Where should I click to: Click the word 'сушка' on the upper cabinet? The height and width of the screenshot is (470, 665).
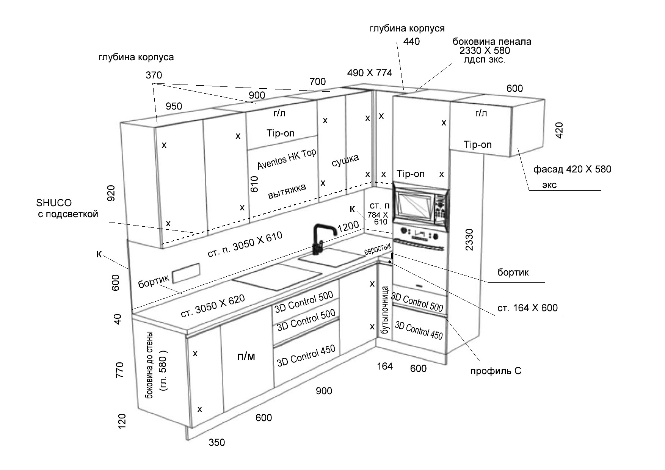pos(345,160)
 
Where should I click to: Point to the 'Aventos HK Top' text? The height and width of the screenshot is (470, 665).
pos(287,158)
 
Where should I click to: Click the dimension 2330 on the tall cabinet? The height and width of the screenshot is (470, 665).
pos(469,240)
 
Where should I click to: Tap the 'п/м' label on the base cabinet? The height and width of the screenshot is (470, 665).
pos(246,356)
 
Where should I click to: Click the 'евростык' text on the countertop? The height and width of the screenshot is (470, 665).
pos(377,249)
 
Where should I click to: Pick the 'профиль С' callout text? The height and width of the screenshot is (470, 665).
pos(496,371)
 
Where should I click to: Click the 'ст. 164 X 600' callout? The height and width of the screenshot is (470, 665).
pos(527,308)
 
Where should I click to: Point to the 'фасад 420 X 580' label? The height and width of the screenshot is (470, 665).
pos(572,169)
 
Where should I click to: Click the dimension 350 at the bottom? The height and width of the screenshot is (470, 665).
pos(217,442)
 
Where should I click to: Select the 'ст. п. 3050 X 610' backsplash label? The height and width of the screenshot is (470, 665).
pos(245,245)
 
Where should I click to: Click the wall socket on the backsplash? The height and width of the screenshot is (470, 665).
pos(186,273)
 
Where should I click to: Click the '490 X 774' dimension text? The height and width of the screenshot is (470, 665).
pos(369,73)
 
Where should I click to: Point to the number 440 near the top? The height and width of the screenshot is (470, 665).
pos(411,41)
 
